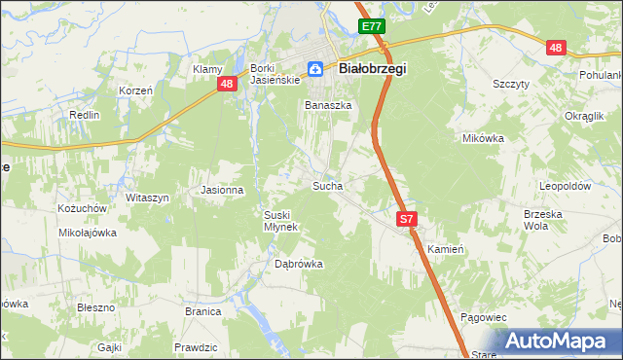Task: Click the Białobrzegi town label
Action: [372, 69]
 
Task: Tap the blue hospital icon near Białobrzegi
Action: [316, 69]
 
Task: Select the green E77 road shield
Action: [371, 27]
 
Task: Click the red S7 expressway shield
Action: [407, 221]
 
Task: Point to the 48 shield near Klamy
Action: [226, 85]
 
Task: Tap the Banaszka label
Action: [328, 105]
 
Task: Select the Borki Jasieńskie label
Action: [265, 74]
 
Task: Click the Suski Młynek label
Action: [283, 220]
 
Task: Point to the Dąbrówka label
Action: [298, 264]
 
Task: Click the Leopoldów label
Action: [566, 185]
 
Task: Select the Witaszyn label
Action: [147, 198]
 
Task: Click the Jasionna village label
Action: [221, 190]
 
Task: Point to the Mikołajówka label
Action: [88, 233]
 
